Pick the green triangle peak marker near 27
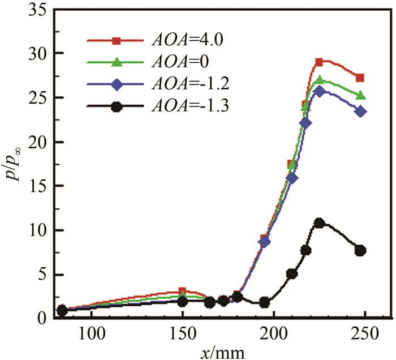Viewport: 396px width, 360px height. point(319,80)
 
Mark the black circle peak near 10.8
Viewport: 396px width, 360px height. point(319,223)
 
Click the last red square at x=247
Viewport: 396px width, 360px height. point(360,78)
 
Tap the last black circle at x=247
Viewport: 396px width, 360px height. point(360,250)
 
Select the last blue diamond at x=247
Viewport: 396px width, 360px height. point(360,112)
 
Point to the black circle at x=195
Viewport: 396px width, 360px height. point(264,302)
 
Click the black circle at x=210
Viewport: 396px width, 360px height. point(292,274)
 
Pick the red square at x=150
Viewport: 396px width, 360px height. point(182,292)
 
